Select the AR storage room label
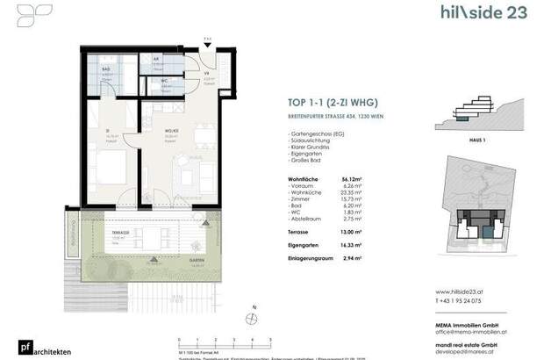[156, 60]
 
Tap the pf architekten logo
[25, 348]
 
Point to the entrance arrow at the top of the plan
[207, 41]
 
